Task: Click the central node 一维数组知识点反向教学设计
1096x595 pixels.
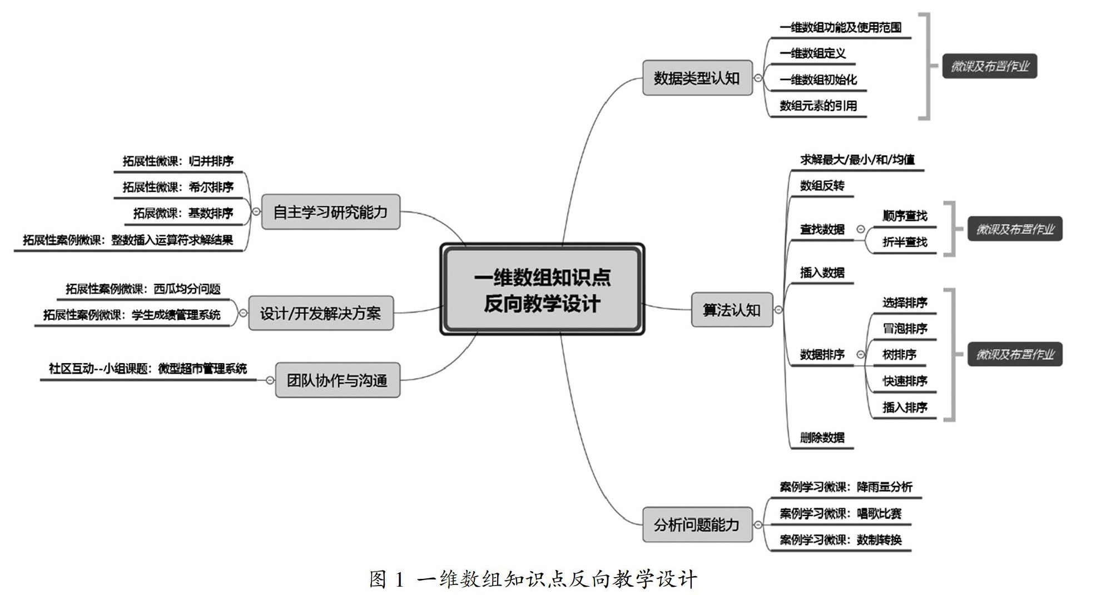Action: pyautogui.click(x=542, y=290)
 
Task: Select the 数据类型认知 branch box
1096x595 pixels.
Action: pyautogui.click(x=697, y=78)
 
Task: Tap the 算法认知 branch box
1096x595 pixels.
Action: pyautogui.click(x=731, y=310)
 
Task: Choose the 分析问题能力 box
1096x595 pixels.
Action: pyautogui.click(x=697, y=524)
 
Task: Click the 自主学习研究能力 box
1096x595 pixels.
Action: pyautogui.click(x=330, y=212)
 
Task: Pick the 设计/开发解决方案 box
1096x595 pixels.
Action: pyautogui.click(x=320, y=314)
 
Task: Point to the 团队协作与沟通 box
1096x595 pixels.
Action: pyautogui.click(x=337, y=380)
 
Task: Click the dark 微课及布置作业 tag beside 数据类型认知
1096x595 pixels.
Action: pyautogui.click(x=989, y=66)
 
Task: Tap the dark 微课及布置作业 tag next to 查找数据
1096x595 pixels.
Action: pyautogui.click(x=1015, y=229)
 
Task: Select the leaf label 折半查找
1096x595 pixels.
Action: pyautogui.click(x=905, y=242)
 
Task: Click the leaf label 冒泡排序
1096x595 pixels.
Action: pyautogui.click(x=905, y=329)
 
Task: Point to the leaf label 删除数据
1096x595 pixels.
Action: pyautogui.click(x=822, y=438)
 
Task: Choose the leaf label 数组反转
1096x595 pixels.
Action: pyautogui.click(x=822, y=186)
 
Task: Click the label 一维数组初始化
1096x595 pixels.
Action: pyautogui.click(x=818, y=80)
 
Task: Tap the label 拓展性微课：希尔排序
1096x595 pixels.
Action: pyautogui.click(x=178, y=187)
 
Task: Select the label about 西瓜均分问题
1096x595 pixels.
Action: pyautogui.click(x=143, y=289)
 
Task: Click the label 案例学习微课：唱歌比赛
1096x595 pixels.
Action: pyautogui.click(x=840, y=513)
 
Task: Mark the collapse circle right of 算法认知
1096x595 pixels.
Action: pyautogui.click(x=778, y=310)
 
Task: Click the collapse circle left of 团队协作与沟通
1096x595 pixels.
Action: pyautogui.click(x=270, y=380)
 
